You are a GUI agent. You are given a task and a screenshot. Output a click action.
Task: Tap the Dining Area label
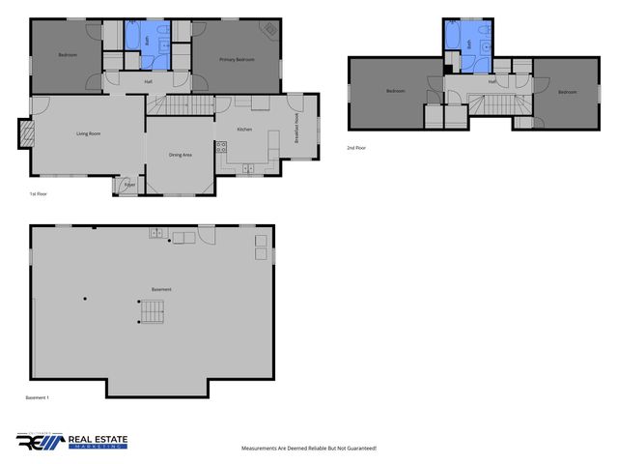(180, 155)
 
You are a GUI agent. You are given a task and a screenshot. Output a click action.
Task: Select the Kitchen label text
(244, 129)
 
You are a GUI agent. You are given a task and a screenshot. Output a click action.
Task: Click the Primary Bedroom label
(237, 60)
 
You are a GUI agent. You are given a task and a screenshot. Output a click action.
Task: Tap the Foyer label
(128, 185)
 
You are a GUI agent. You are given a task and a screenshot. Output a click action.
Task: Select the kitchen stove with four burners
(222, 148)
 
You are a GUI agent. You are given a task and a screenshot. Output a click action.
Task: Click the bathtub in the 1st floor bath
(132, 38)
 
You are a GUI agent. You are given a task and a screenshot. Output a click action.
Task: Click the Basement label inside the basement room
(161, 289)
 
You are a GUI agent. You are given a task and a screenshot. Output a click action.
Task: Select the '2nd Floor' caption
(356, 148)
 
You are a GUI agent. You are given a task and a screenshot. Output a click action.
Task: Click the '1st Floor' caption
(39, 194)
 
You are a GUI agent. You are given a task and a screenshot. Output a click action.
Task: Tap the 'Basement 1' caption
(37, 398)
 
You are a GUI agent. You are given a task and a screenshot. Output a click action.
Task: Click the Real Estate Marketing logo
(71, 441)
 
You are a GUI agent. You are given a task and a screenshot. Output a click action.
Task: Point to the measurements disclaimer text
(308, 449)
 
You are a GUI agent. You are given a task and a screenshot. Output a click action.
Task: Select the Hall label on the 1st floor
(149, 81)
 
